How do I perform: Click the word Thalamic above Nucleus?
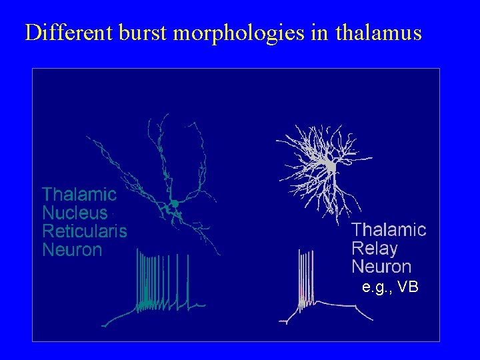pos(79,195)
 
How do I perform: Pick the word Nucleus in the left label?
pos(75,213)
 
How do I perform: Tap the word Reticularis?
pos(85,231)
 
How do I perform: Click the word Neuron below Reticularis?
pos(72,250)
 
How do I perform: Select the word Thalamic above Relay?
pos(389,230)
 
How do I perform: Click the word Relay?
pos(375,249)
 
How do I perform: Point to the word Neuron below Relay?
pos(381,267)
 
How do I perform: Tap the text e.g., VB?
pos(390,287)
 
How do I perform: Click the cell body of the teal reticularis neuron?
pos(174,202)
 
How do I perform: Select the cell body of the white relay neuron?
pos(329,165)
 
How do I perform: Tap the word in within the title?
pos(319,33)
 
